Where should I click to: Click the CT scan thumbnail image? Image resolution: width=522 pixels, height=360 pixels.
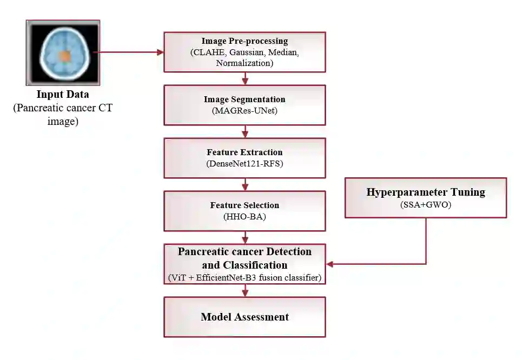pos(63,52)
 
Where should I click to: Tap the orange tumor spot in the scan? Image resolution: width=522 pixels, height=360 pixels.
pos(64,56)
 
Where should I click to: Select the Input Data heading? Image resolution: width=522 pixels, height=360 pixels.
pos(63,95)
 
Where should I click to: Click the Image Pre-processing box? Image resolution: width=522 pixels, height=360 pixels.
pos(245,52)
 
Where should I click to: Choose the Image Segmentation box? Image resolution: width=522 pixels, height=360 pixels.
pos(245,104)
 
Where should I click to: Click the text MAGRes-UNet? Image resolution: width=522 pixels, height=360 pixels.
pos(245,111)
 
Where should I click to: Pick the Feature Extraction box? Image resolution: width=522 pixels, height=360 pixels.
pos(245,157)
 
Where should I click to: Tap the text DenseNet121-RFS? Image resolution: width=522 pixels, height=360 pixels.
pos(245,163)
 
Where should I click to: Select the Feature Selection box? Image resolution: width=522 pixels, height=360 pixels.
pos(245,210)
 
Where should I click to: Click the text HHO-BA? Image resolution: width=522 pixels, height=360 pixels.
pos(245,216)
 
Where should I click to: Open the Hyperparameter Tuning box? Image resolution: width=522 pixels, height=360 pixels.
pos(425,197)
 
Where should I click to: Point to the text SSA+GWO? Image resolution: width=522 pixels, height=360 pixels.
pos(426,204)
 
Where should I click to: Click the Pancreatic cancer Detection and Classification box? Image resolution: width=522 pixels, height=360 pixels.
pos(245,264)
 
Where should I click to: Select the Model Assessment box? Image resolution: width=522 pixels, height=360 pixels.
pos(245,317)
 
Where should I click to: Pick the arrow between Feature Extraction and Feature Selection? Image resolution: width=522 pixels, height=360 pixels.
pos(245,184)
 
